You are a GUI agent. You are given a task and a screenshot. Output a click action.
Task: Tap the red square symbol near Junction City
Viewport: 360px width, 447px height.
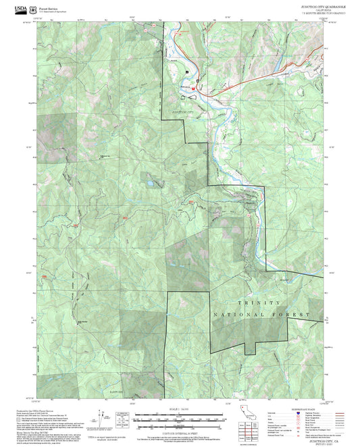[195, 88]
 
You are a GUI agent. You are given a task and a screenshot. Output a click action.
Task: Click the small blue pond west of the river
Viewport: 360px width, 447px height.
[147, 182]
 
